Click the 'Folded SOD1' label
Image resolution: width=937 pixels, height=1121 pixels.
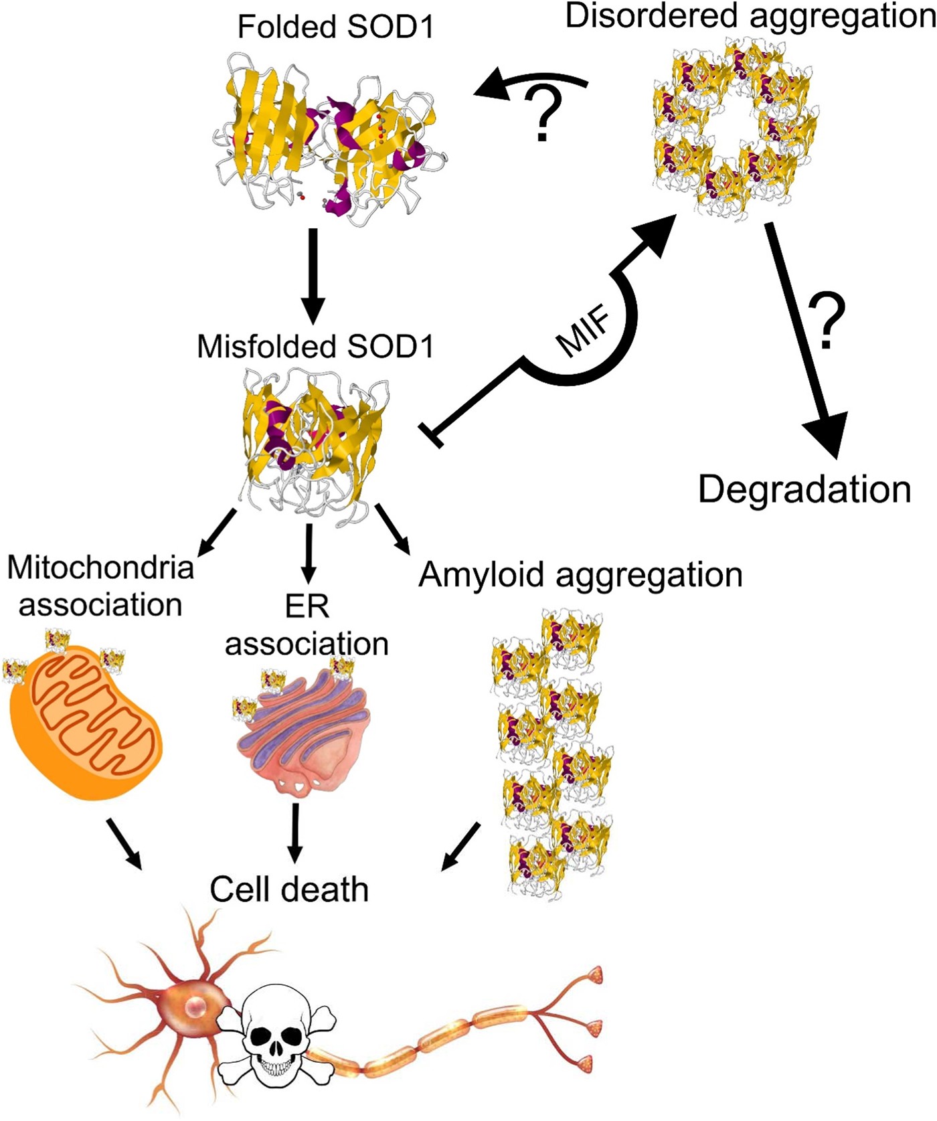point(335,27)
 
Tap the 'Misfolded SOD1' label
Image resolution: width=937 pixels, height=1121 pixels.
point(315,347)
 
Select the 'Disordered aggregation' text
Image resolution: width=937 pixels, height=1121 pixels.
point(750,16)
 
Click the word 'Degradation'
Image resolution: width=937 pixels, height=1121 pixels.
point(804,489)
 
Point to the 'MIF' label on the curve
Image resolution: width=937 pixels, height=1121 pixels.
point(584,331)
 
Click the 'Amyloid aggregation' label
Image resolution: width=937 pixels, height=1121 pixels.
point(580,574)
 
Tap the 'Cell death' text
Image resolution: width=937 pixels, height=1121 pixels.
point(289,889)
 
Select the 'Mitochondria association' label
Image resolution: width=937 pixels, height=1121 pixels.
point(100,586)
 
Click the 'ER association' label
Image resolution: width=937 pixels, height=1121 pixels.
point(307,624)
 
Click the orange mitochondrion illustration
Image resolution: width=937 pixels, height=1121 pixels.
point(86,723)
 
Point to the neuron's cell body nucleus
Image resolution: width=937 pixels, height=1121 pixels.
point(196,1005)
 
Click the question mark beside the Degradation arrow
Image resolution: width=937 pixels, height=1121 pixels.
point(827,321)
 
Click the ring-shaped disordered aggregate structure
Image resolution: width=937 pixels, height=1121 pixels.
point(735,127)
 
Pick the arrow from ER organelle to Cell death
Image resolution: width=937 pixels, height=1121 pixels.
point(294,833)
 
